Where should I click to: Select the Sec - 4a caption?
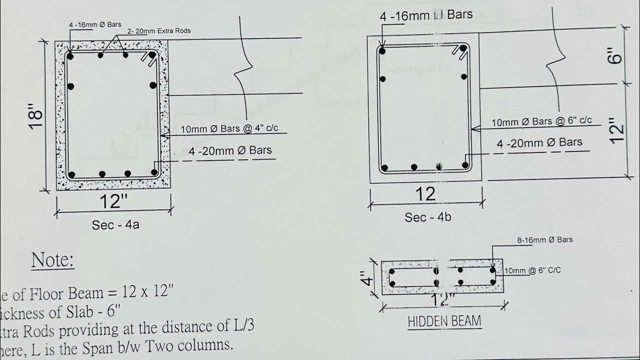click(x=115, y=225)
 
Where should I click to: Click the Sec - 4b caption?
click(x=428, y=217)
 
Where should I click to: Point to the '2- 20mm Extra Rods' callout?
click(x=159, y=31)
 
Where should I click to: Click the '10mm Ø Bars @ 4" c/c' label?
click(x=229, y=129)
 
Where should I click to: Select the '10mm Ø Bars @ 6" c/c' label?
click(x=541, y=121)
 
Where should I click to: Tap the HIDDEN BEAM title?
click(x=444, y=321)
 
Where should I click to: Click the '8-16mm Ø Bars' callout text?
click(x=544, y=240)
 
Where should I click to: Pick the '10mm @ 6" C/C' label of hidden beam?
click(x=532, y=270)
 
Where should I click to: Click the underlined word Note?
click(x=53, y=260)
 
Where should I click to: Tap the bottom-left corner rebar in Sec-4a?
click(x=72, y=174)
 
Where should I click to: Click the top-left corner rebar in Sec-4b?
click(x=382, y=50)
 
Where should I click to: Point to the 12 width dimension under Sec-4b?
click(x=425, y=193)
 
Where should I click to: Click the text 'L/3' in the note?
click(x=242, y=326)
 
